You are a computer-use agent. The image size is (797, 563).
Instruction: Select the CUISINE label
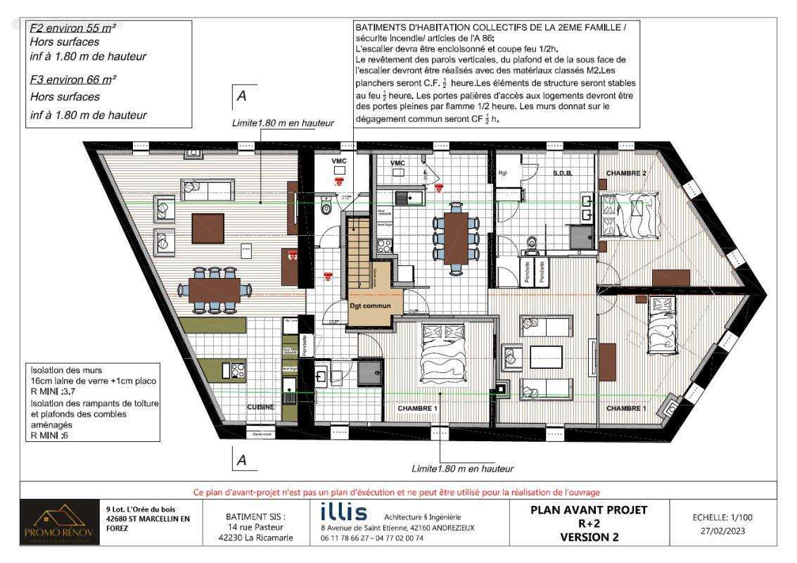(x=260, y=407)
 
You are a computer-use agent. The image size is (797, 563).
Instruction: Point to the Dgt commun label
(x=370, y=306)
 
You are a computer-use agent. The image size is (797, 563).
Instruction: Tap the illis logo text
(x=343, y=512)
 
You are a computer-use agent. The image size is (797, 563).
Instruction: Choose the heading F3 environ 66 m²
(x=72, y=80)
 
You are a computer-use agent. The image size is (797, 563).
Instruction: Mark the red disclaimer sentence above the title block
(x=396, y=492)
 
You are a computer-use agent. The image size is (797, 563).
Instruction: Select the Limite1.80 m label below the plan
(x=462, y=469)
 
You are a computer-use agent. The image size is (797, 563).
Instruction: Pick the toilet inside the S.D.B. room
(x=533, y=243)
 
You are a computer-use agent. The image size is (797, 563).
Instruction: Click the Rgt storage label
(x=503, y=173)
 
